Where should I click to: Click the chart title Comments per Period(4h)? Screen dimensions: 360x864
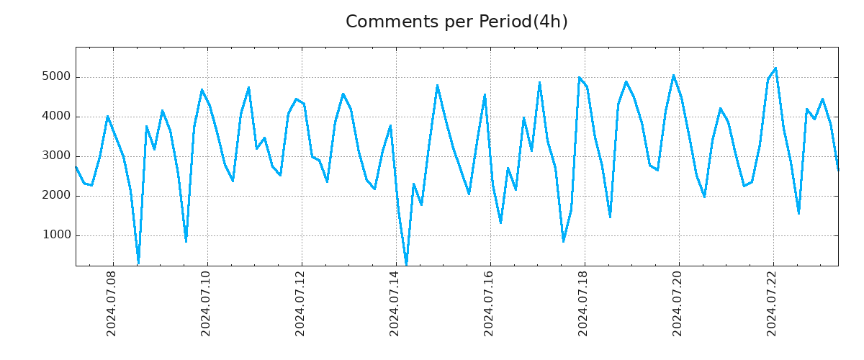[456, 22]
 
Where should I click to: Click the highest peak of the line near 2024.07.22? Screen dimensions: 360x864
[775, 68]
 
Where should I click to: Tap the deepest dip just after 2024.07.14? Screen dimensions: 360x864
[406, 264]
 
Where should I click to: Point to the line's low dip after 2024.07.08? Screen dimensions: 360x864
[138, 261]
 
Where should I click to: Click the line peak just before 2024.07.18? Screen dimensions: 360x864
[579, 78]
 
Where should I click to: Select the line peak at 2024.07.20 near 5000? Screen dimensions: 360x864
[673, 76]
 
